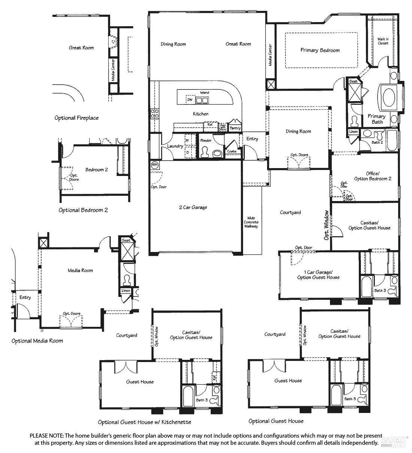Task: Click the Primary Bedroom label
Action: pyautogui.click(x=320, y=50)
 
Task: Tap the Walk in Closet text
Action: pyautogui.click(x=382, y=41)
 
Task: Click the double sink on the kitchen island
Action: pyautogui.click(x=203, y=100)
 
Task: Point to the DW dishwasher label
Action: pyautogui.click(x=190, y=100)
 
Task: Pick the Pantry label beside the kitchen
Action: pyautogui.click(x=235, y=128)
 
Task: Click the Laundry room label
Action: pyautogui.click(x=175, y=146)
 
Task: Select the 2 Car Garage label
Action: pyautogui.click(x=193, y=207)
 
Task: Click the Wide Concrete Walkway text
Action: pyautogui.click(x=251, y=222)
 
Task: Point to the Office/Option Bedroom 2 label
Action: pyautogui.click(x=373, y=176)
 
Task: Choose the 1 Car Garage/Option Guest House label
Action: pyautogui.click(x=318, y=274)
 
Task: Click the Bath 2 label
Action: pyautogui.click(x=377, y=142)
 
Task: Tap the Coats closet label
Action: pyautogui.click(x=231, y=151)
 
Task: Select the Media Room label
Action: pyautogui.click(x=80, y=270)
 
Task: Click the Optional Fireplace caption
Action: pyautogui.click(x=76, y=118)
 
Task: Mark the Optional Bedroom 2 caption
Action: pyautogui.click(x=83, y=210)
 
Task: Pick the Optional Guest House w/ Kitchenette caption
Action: pyautogui.click(x=145, y=422)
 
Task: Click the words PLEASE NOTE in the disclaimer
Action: pyautogui.click(x=46, y=436)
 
